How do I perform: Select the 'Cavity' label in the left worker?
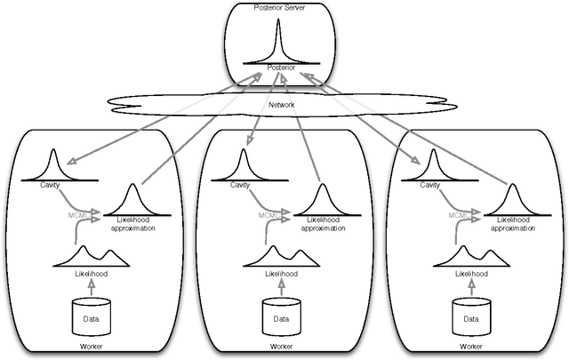point(52,186)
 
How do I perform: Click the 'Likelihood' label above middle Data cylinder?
point(282,274)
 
